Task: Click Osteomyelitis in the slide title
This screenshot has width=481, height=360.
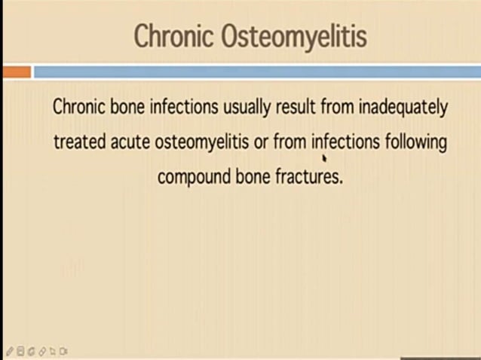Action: tap(293, 36)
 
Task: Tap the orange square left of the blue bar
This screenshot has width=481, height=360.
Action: tap(16, 72)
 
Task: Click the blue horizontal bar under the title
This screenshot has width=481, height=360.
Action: tap(256, 72)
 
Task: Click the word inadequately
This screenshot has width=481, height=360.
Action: tap(403, 107)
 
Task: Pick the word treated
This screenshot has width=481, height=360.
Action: tap(80, 142)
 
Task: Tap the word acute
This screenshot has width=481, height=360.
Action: tap(132, 142)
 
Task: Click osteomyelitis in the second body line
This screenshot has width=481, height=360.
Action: tap(202, 142)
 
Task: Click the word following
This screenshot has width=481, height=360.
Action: tap(416, 142)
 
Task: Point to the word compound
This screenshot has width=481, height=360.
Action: tap(192, 177)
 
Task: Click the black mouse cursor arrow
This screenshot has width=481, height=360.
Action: tap(323, 158)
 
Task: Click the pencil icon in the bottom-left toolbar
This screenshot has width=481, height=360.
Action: tap(10, 351)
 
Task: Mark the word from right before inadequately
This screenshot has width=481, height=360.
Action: tap(337, 107)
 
